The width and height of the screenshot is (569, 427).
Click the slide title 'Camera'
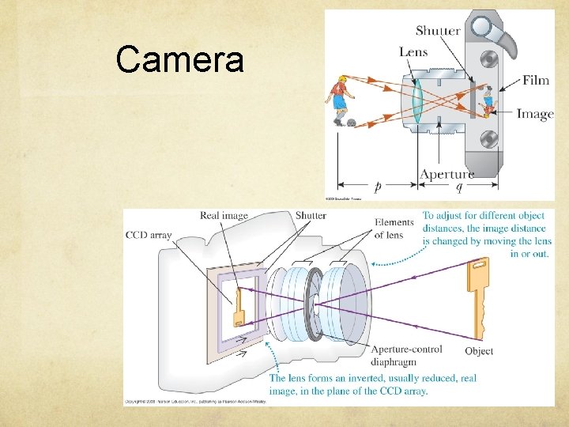179,59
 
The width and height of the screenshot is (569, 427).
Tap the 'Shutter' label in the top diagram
437,31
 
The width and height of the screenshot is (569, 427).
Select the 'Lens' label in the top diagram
413,51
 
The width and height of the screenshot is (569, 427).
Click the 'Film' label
536,81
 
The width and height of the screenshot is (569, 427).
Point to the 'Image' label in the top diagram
535,114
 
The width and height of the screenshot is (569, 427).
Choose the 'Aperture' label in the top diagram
447,174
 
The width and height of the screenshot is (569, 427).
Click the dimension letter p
378,187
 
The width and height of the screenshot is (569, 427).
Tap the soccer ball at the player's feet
351,123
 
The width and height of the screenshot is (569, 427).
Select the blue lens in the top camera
416,100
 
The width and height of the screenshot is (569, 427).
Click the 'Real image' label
224,215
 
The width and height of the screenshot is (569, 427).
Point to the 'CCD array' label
149,235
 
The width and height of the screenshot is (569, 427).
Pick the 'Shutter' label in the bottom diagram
311,215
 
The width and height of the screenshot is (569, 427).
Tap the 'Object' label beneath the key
479,351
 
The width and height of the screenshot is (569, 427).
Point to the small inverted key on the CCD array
238,309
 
